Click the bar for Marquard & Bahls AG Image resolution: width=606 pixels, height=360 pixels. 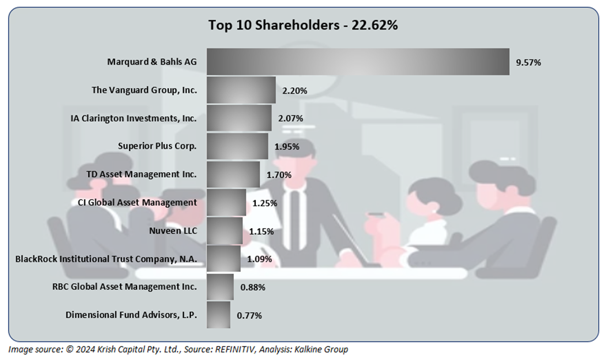pyautogui.click(x=358, y=62)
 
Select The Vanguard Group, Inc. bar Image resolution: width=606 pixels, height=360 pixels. pyautogui.click(x=241, y=90)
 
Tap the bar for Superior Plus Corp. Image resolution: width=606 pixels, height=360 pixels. pyautogui.click(x=237, y=146)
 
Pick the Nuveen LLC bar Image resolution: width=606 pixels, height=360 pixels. pyautogui.click(x=224, y=230)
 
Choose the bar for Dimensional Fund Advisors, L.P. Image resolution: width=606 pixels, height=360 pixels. pyautogui.click(x=218, y=315)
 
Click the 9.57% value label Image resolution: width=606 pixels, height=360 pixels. pyautogui.click(x=528, y=63)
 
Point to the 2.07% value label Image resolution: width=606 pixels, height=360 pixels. pyautogui.click(x=290, y=118)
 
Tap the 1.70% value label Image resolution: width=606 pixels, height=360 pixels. pyautogui.click(x=279, y=175)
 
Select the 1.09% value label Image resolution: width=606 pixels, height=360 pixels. pyautogui.click(x=260, y=259)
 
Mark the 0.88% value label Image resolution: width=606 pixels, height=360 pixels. pyautogui.click(x=252, y=288)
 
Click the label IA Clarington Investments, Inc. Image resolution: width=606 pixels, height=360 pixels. pyautogui.click(x=133, y=118)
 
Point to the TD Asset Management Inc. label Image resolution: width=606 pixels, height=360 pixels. pyautogui.click(x=141, y=174)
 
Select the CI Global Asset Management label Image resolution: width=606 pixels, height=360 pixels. pyautogui.click(x=134, y=202)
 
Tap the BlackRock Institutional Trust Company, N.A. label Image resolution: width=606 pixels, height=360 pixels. pyautogui.click(x=106, y=259)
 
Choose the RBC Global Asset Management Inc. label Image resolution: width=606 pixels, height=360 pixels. pyautogui.click(x=124, y=287)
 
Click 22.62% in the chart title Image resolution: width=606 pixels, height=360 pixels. pyautogui.click(x=374, y=26)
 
